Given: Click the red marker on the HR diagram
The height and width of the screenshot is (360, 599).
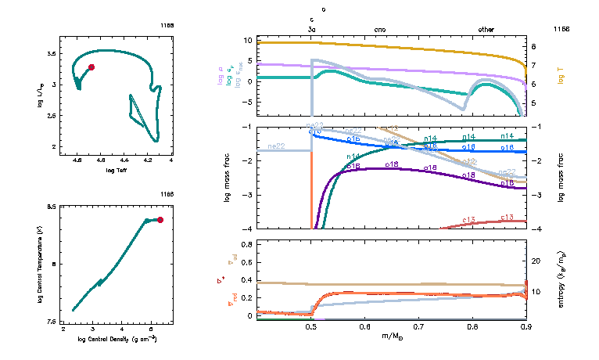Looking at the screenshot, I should pos(91,67).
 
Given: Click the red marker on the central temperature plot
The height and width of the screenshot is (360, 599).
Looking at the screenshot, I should pos(160,220).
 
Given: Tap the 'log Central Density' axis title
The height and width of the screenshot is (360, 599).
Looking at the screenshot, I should pos(117,339).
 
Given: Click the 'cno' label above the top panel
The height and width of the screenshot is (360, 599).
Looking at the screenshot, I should pos(381,29).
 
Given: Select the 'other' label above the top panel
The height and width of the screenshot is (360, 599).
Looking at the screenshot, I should pos(486,29).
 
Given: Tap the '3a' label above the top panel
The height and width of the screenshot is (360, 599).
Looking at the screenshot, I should pos(312,29).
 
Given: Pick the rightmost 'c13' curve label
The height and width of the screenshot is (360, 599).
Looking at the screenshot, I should pos(506,218).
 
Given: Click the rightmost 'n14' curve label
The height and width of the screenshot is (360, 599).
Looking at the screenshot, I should pos(507,137).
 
